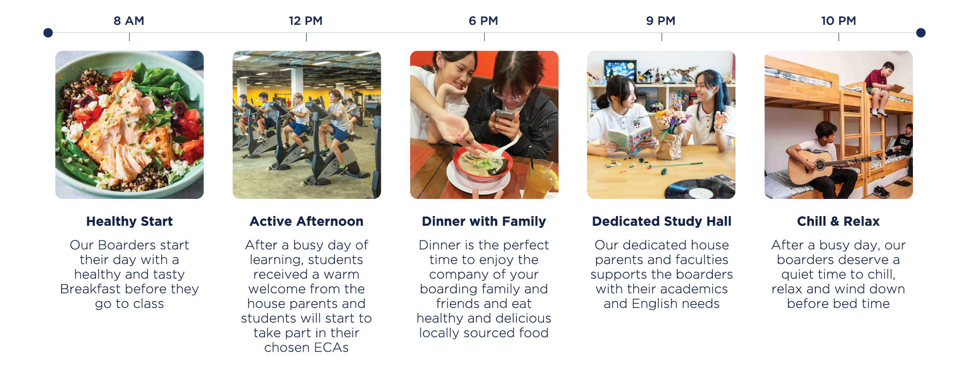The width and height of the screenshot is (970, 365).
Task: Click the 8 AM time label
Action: (x=129, y=21)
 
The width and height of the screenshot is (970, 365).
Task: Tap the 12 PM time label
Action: (x=306, y=21)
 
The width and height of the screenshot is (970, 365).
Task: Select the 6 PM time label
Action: (x=483, y=21)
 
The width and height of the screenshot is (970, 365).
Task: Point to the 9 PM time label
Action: (x=661, y=21)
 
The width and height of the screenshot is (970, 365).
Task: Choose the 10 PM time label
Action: (x=839, y=21)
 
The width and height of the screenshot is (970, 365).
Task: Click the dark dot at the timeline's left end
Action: (x=48, y=33)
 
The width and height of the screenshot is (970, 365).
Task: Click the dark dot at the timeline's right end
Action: (x=921, y=33)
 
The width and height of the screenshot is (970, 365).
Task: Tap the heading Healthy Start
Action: (x=129, y=221)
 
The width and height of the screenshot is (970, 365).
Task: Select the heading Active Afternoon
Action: (x=306, y=221)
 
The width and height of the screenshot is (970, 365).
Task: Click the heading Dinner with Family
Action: (x=484, y=221)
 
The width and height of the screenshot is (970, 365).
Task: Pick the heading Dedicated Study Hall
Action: (x=662, y=221)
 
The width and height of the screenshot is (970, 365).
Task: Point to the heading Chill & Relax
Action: (x=839, y=221)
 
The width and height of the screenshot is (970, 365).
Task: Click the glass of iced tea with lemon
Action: (x=540, y=180)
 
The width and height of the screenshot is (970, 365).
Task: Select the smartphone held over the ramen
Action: (x=504, y=117)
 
